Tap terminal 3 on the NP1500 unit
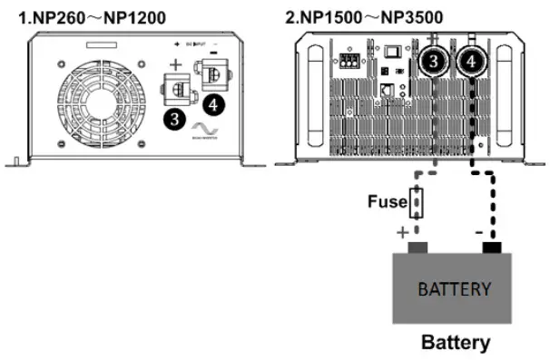tap(435, 61)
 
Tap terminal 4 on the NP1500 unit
tap(471, 61)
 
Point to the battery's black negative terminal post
tap(491, 246)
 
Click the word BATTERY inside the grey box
tap(455, 289)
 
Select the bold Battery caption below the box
tap(455, 343)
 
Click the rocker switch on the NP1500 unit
tap(392, 53)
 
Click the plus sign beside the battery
tap(402, 233)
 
